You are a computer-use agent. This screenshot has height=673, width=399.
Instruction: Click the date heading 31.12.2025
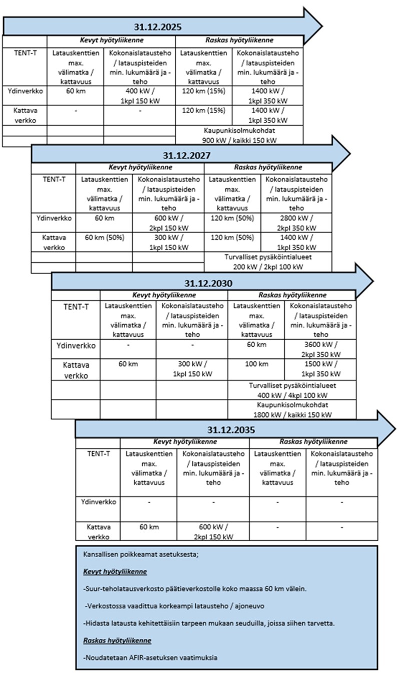158,27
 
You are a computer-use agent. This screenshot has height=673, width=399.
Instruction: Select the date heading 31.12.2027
186,155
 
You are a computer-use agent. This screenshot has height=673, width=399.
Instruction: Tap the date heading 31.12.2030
208,283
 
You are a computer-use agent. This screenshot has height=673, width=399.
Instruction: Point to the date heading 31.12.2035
231,430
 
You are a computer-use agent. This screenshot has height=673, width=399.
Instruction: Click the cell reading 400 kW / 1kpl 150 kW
140,96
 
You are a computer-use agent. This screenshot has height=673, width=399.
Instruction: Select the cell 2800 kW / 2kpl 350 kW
296,223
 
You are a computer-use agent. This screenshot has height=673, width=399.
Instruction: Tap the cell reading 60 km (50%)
104,238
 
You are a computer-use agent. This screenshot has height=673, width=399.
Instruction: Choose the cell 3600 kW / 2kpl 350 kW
320,349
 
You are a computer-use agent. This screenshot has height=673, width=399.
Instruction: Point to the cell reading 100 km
256,364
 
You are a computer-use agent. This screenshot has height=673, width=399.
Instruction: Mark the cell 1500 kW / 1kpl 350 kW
320,369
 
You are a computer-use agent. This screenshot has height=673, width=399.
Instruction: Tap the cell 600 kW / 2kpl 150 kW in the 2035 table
213,532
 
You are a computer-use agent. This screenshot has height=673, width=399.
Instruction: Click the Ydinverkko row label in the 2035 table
98,502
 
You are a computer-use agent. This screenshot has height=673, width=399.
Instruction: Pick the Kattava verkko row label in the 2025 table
25,115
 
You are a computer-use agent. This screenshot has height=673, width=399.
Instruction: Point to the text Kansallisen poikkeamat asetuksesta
141,554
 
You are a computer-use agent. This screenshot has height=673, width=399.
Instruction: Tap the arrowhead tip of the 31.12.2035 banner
395,429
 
